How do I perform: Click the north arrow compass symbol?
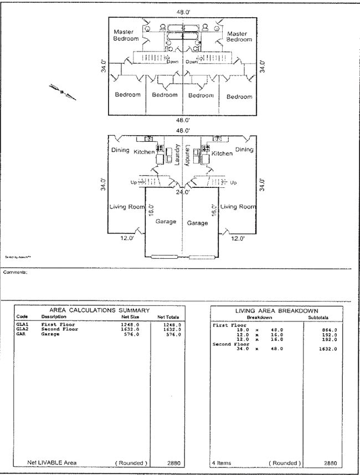coord(63,91)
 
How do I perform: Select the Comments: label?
coord(15,272)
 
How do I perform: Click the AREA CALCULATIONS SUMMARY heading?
coord(100,310)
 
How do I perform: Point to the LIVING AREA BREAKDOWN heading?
coord(280,311)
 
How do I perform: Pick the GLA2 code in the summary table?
coord(22,329)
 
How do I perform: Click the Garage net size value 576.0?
coord(130,334)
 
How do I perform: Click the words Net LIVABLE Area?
coord(52,462)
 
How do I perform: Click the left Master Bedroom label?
coord(126,35)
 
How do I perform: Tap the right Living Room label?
coord(239,207)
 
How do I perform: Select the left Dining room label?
coord(120,150)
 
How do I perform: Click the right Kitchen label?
coord(222,154)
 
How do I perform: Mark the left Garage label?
coord(166,221)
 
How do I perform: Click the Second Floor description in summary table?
coord(59,329)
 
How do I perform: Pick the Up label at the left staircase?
coord(133,182)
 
